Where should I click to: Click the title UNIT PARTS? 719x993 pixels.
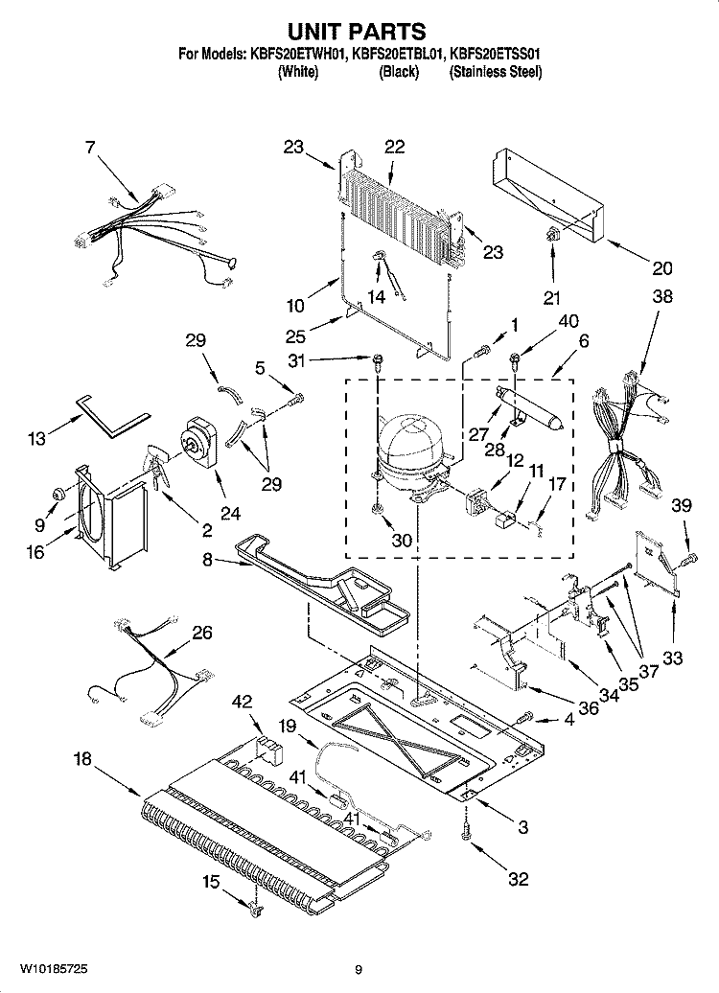tap(359, 33)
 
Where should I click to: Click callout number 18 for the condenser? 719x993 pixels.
tap(83, 759)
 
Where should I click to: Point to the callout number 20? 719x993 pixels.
tap(662, 268)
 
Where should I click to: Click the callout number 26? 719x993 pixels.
tap(202, 633)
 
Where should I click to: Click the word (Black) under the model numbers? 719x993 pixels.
tap(399, 73)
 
